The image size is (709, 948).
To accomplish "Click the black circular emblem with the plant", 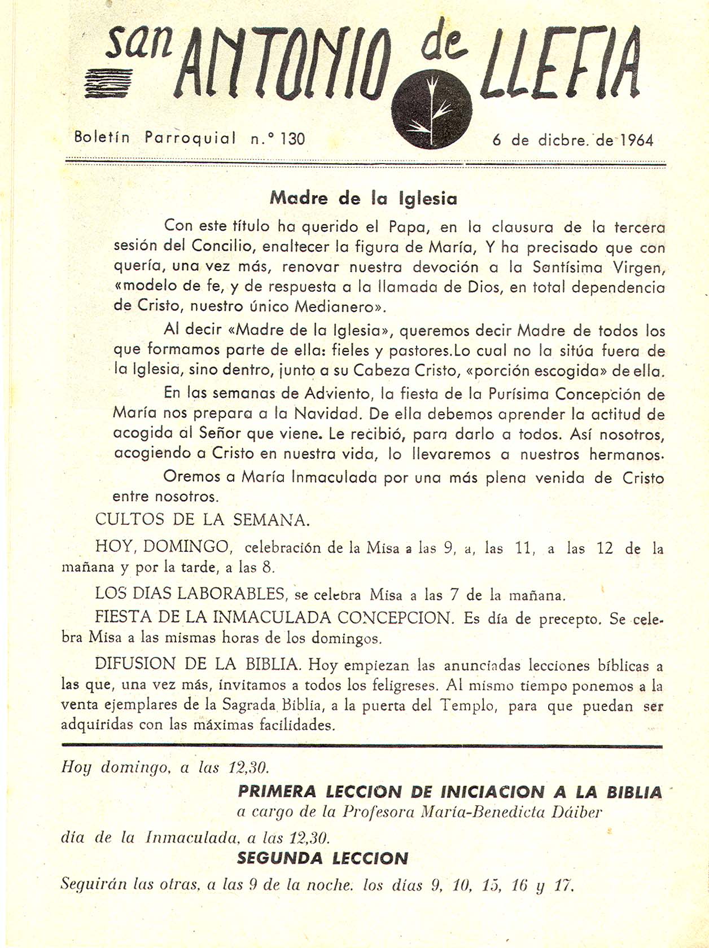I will (x=431, y=110).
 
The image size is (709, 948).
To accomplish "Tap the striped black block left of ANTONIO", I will (x=108, y=84).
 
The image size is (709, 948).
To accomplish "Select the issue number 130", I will (x=292, y=138).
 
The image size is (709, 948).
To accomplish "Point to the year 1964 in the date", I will (x=637, y=140).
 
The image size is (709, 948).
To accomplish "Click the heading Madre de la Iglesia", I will (x=364, y=198).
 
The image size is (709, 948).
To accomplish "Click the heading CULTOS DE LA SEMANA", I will (x=202, y=519).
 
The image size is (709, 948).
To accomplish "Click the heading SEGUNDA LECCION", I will (x=322, y=858).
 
